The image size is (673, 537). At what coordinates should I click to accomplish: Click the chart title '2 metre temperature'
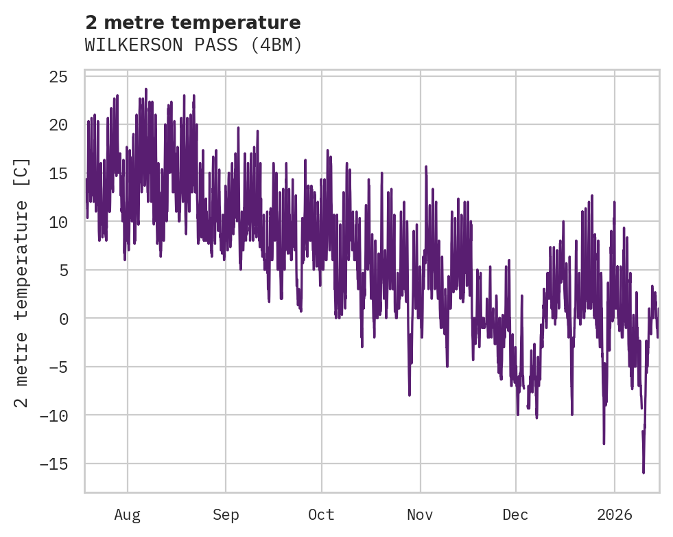pyautogui.click(x=193, y=23)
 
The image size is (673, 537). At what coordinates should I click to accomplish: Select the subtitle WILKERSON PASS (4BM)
pyautogui.click(x=193, y=45)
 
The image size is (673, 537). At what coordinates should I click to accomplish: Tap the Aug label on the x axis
pyautogui.click(x=128, y=514)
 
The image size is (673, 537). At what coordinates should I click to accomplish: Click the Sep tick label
pyautogui.click(x=225, y=514)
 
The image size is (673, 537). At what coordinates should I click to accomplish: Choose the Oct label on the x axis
pyautogui.click(x=321, y=514)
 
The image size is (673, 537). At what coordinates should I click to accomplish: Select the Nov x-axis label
pyautogui.click(x=420, y=514)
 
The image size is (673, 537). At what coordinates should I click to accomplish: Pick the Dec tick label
pyautogui.click(x=515, y=514)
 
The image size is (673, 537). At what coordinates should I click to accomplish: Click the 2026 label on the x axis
pyautogui.click(x=615, y=514)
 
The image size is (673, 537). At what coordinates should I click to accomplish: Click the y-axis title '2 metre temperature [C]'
pyautogui.click(x=22, y=282)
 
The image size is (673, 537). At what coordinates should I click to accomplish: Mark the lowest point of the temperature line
pyautogui.click(x=644, y=472)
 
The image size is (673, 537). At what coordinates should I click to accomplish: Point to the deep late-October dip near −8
pyautogui.click(x=410, y=396)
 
